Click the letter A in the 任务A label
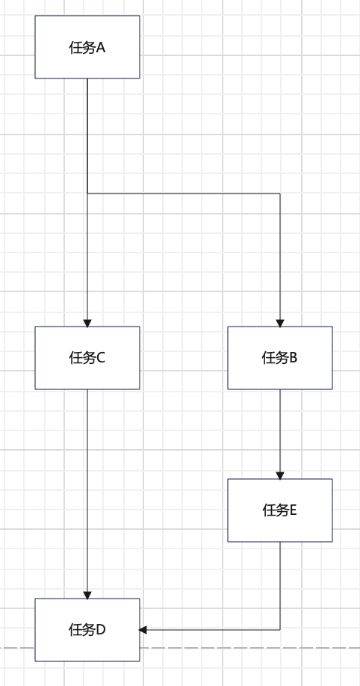pos(101,48)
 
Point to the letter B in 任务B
pos(294,358)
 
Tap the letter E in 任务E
pos(294,510)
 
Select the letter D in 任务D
pos(101,630)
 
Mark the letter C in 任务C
pos(101,358)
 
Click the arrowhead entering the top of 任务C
pos(87,323)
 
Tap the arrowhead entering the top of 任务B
pos(280,323)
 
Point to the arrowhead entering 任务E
pos(280,475)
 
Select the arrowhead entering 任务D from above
pos(87,595)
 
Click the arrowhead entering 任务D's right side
pos(143,630)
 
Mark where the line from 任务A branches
pos(87,194)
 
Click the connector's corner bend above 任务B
pos(280,194)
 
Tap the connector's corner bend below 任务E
pos(280,630)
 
